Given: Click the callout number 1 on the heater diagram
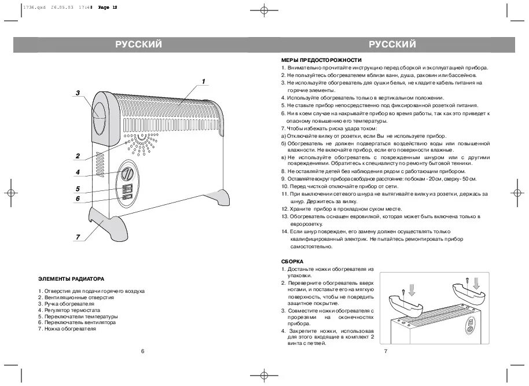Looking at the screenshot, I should (204, 80).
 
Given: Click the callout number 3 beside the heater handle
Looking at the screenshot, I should (78, 93).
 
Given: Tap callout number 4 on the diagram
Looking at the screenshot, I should (78, 172).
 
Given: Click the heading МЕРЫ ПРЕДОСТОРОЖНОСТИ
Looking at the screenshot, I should (321, 60).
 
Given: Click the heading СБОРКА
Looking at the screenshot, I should (292, 261).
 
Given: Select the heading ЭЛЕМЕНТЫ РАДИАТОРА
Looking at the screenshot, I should (71, 278).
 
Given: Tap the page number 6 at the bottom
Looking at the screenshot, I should (142, 351).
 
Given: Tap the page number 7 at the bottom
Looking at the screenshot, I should (385, 351).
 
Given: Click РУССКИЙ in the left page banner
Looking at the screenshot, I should (138, 45).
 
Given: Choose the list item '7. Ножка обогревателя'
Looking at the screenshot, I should (67, 329).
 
